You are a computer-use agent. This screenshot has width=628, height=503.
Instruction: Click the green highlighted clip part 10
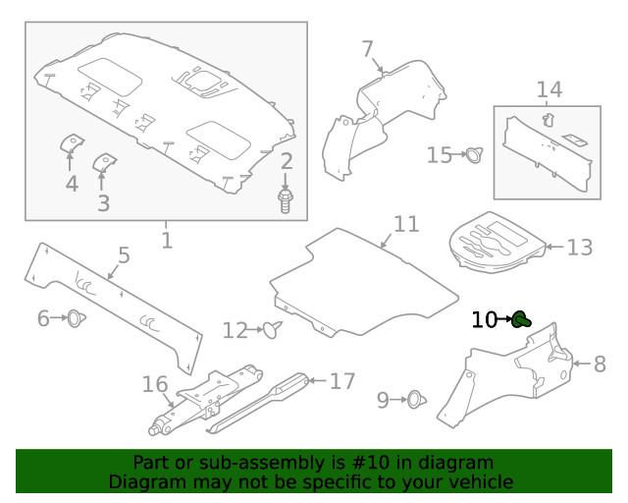pos(521,318)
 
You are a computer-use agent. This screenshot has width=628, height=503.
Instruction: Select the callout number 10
pos(485,319)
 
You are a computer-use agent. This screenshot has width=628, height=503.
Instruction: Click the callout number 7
pos(367,49)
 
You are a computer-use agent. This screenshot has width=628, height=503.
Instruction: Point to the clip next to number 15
pos(476,154)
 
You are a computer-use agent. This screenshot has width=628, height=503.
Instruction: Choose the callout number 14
pos(549,90)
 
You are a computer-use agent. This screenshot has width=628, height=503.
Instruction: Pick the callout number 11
pos(405,224)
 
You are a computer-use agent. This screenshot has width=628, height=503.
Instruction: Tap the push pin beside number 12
pos(273,330)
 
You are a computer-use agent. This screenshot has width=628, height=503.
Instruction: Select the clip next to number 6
pos(74,318)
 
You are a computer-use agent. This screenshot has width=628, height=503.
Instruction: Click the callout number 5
pos(123,256)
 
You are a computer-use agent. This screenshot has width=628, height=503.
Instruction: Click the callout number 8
pos(600,364)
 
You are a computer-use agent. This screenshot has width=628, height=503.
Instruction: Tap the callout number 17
pos(340,380)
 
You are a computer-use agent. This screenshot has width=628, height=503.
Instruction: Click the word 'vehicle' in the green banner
pos(480,481)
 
